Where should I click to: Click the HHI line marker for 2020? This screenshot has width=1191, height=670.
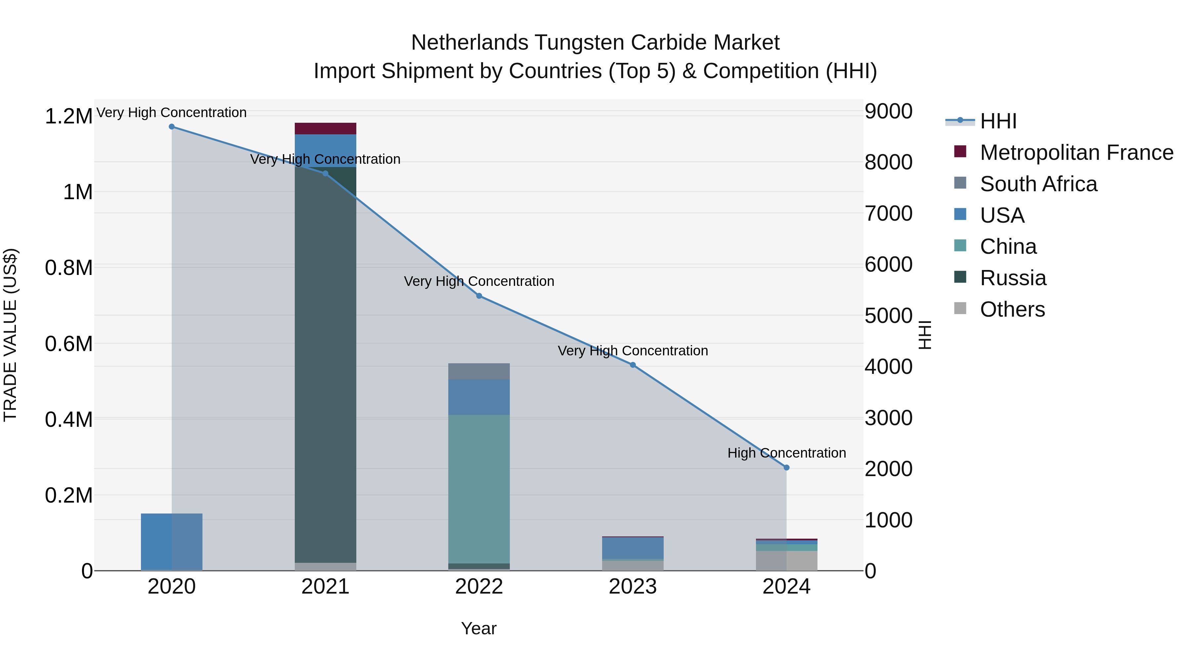tap(171, 127)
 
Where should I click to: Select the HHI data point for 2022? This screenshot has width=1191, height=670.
tap(479, 296)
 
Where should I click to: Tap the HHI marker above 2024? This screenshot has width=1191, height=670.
tap(786, 468)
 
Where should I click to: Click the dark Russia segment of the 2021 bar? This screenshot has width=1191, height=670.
tap(326, 370)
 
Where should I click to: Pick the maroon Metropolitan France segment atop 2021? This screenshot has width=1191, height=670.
tap(326, 129)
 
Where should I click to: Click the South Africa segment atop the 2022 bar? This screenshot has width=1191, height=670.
tap(479, 371)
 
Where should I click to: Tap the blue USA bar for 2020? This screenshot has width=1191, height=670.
tap(171, 542)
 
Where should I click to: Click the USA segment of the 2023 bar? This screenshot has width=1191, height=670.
tap(633, 548)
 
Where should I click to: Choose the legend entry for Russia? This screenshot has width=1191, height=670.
tap(1013, 278)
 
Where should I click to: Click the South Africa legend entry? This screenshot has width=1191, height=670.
tap(1038, 184)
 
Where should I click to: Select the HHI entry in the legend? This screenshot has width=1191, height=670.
tap(998, 121)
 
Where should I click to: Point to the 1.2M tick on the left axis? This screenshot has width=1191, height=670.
tap(68, 116)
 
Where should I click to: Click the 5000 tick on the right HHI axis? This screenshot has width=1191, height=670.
tap(888, 316)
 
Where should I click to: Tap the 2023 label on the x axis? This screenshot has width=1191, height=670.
tap(633, 587)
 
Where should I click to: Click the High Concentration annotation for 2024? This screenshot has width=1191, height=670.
tap(786, 453)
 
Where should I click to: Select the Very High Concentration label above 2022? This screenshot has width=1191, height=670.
tap(479, 281)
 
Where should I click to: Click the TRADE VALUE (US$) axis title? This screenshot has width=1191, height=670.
tap(10, 335)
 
